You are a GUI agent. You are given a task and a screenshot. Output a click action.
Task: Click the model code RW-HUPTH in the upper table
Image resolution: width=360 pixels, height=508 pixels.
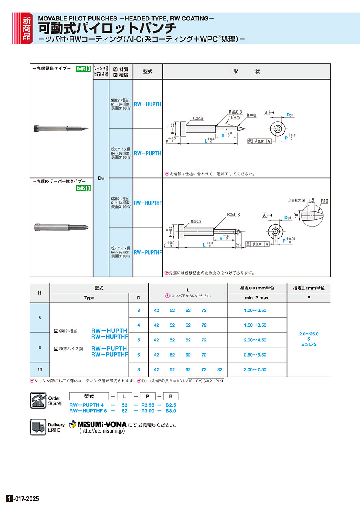[x=148, y=104]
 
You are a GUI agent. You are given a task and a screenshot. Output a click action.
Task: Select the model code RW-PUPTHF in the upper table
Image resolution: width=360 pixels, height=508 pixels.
[x=148, y=253]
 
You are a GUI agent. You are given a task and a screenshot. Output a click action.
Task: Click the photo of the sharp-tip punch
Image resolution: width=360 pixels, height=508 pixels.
[x=61, y=128]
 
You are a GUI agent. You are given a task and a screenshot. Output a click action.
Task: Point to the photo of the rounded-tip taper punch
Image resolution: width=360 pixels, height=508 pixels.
[x=61, y=227]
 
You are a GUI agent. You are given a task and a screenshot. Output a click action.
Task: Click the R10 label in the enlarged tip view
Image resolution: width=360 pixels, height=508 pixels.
[x=324, y=201]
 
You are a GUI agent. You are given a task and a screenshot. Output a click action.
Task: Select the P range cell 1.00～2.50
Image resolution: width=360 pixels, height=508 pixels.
[x=255, y=310]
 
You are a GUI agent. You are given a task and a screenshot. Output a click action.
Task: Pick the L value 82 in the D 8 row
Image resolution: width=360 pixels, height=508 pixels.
[x=220, y=370]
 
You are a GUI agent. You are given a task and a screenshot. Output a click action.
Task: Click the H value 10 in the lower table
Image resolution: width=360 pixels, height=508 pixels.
[x=40, y=370]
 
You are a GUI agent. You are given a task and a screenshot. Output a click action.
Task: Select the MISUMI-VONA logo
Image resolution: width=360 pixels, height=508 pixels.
[x=98, y=424]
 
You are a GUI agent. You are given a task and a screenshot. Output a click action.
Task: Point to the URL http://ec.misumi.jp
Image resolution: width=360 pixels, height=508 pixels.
[x=102, y=432]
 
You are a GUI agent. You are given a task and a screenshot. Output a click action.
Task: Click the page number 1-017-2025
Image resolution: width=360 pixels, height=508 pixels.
[x=23, y=499]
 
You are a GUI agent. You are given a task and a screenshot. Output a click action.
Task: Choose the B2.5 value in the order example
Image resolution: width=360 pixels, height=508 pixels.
[x=171, y=405]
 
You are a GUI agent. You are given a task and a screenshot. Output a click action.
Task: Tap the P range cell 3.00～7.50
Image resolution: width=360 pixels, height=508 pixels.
[x=255, y=370]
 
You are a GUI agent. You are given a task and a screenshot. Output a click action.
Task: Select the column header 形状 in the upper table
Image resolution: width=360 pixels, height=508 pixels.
[x=246, y=72]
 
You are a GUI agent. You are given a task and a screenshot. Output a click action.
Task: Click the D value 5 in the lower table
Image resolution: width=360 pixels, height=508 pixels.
[x=139, y=340]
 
